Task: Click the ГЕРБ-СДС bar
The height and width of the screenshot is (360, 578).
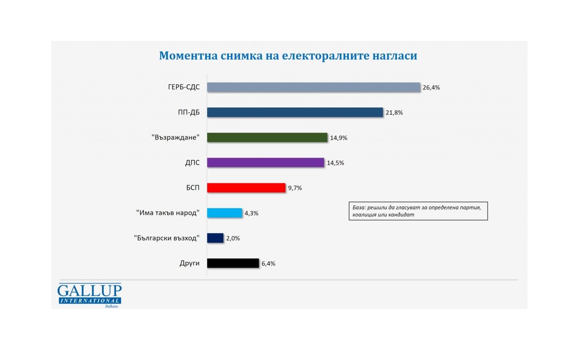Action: tap(314, 87)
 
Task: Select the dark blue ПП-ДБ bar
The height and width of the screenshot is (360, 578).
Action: tap(295, 113)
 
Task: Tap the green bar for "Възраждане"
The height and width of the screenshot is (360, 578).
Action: tap(267, 138)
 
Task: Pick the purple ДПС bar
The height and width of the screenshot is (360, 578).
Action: tap(265, 163)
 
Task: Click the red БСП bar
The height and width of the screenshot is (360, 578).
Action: tap(246, 188)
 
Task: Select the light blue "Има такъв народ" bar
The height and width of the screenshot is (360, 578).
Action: tap(224, 213)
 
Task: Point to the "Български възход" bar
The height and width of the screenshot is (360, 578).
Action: tap(215, 238)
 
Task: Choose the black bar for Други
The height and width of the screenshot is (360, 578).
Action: tap(232, 263)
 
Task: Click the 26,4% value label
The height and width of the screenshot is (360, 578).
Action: tap(431, 88)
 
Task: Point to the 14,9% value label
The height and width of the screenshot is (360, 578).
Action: tap(338, 138)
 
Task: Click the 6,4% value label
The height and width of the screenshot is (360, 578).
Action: tap(269, 264)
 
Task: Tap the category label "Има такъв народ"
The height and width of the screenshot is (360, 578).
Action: tap(168, 213)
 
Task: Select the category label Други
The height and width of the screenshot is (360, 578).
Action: tap(189, 263)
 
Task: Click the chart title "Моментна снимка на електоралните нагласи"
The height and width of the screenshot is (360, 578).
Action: tap(288, 56)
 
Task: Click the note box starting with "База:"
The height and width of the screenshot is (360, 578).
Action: tap(418, 211)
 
